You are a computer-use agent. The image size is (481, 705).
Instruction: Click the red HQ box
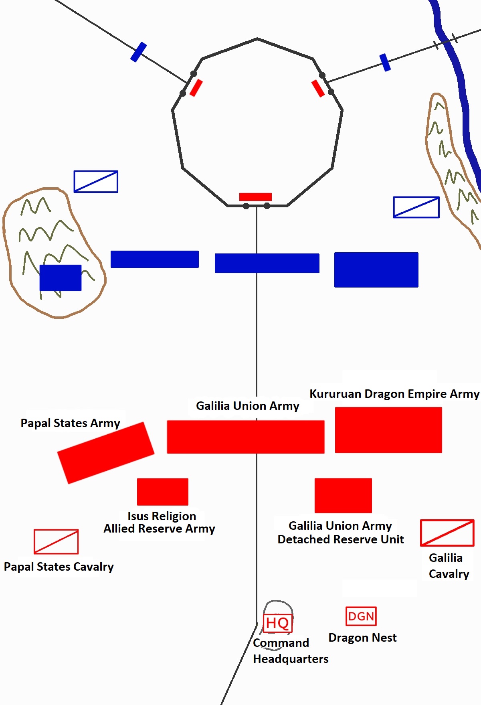click(x=277, y=623)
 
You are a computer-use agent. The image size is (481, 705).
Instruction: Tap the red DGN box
click(x=361, y=616)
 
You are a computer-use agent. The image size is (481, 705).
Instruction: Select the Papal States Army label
click(x=70, y=423)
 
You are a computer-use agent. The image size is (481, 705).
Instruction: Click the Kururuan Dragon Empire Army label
click(x=394, y=394)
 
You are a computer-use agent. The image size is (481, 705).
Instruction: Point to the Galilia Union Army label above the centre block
click(x=247, y=406)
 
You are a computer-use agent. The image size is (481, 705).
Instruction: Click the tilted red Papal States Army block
click(x=106, y=453)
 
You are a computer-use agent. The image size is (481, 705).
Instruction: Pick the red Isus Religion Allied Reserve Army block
click(x=162, y=492)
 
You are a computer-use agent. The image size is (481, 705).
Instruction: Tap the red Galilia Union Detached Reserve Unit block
click(x=343, y=495)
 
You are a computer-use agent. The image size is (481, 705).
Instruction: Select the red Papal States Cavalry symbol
click(x=56, y=541)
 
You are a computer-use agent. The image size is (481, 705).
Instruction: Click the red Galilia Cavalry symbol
click(x=447, y=533)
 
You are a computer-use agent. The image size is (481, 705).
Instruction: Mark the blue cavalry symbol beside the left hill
click(x=96, y=182)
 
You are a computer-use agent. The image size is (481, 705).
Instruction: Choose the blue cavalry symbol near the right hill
click(x=416, y=207)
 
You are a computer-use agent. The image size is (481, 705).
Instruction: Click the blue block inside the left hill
click(x=61, y=278)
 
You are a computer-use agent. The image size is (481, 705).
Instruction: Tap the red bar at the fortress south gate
click(x=255, y=197)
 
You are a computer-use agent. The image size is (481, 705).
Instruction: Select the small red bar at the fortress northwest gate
click(x=196, y=88)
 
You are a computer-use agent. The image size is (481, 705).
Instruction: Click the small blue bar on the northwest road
click(x=138, y=52)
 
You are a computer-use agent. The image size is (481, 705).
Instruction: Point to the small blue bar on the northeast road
click(x=385, y=63)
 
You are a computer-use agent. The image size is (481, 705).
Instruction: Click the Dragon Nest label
click(x=362, y=638)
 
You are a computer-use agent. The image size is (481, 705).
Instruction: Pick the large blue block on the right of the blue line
click(x=376, y=270)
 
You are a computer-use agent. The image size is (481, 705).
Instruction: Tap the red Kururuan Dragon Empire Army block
click(x=388, y=430)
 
